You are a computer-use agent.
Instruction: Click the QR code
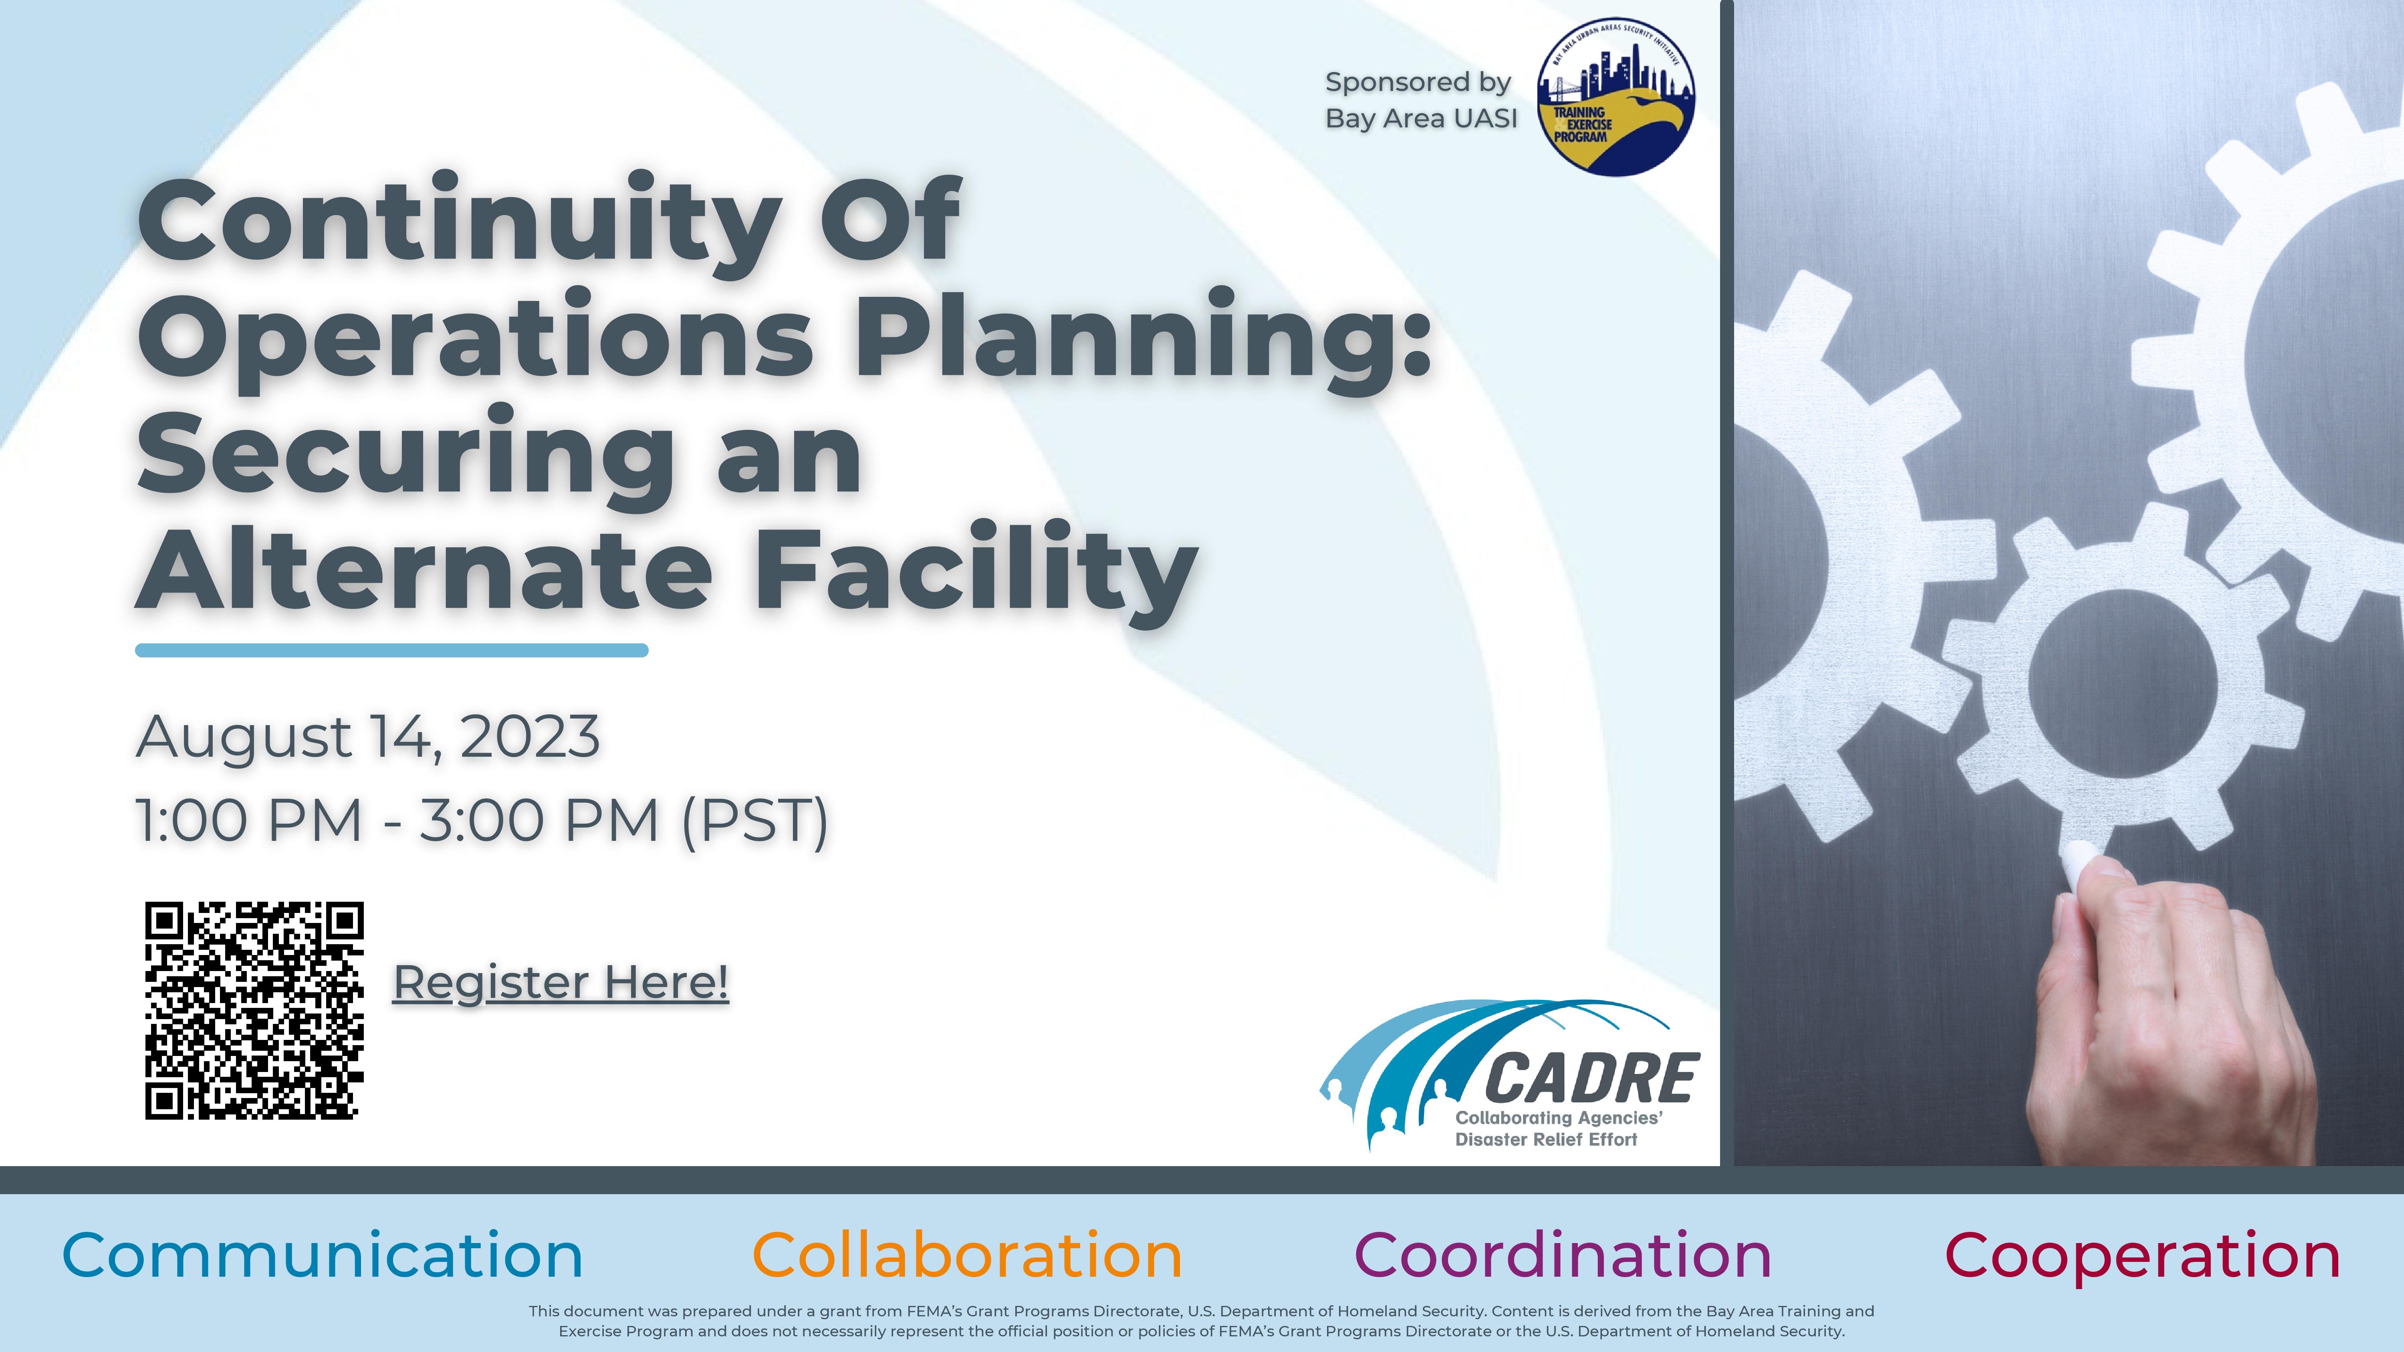click(x=254, y=1011)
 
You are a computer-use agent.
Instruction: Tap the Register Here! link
click(x=561, y=983)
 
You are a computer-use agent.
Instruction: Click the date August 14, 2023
click(x=368, y=737)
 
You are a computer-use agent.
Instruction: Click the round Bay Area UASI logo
click(x=1615, y=97)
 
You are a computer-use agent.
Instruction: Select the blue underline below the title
click(x=392, y=650)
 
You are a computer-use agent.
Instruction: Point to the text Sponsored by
click(x=1418, y=83)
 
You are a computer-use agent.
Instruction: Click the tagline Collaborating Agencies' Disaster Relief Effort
click(x=1559, y=1128)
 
